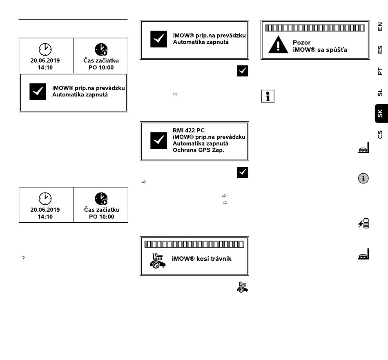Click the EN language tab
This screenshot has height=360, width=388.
[x=380, y=27]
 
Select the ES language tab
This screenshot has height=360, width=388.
[x=380, y=49]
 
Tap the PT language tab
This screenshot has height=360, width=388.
[x=380, y=71]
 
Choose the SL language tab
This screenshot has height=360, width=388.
[x=380, y=92]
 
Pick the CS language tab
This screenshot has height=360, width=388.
[x=380, y=134]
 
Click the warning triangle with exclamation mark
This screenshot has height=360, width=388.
[x=278, y=45]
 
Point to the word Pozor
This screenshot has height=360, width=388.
[x=301, y=42]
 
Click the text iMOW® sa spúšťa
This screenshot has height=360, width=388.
[x=320, y=50]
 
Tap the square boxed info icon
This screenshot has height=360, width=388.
[x=268, y=96]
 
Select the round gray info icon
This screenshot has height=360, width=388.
[x=363, y=178]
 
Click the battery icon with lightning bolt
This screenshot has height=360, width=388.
[x=363, y=223]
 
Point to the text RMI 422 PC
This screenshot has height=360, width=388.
[x=189, y=130]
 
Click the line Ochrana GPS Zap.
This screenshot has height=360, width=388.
[x=198, y=150]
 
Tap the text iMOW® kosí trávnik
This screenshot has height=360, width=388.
[x=202, y=259]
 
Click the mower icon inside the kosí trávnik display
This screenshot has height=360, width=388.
[x=158, y=260]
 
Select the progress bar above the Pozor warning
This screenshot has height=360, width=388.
[x=315, y=28]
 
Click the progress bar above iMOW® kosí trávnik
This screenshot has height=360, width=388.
[x=194, y=244]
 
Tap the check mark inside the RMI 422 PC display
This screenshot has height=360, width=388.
[x=158, y=141]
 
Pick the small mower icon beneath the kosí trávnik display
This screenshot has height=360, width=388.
[x=243, y=287]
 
